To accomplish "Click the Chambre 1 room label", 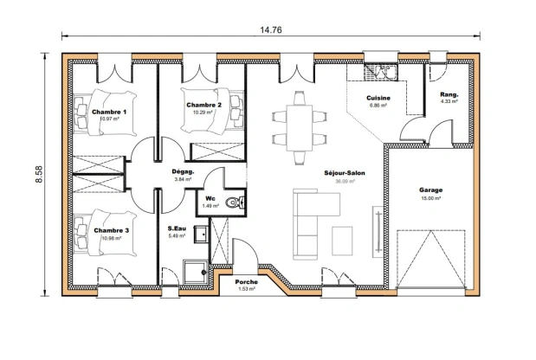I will coord(110,112).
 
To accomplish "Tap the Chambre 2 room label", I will coord(204,105).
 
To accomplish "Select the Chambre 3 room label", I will coord(112,230).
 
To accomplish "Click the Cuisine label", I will coord(378,99).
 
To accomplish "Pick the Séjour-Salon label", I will coord(345,173).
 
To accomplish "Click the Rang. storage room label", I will coord(449,94).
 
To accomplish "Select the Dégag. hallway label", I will coord(183,171).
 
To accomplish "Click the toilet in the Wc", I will coord(234,203).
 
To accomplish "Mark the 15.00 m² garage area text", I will coord(430,198).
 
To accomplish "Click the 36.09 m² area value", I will coord(345,182).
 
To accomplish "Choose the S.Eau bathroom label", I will coord(178,228).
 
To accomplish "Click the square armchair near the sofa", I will coord(342,239).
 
